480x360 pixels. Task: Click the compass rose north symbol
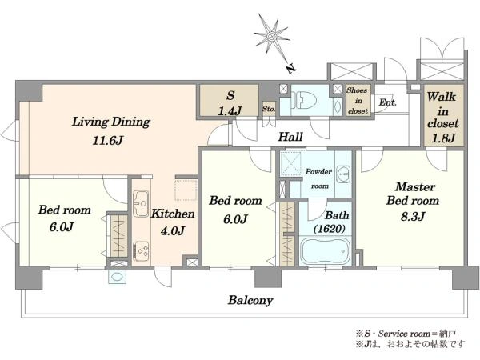[x=271, y=37]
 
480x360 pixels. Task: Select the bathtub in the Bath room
[x=325, y=250]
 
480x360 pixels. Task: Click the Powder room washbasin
[x=343, y=174]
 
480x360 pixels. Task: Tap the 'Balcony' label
[x=250, y=300]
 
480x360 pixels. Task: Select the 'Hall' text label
[x=290, y=137]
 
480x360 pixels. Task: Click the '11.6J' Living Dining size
[x=108, y=141]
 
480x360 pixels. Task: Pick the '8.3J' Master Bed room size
[x=413, y=217]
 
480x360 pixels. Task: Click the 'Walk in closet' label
[x=442, y=110]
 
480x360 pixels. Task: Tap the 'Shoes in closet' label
[x=358, y=101]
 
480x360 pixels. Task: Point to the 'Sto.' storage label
[x=269, y=109]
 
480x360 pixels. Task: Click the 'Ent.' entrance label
[x=387, y=102]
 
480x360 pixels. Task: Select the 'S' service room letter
[x=230, y=95]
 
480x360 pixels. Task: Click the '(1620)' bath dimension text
[x=330, y=228]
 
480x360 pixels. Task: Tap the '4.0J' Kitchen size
[x=173, y=230]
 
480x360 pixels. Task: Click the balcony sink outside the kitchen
[x=117, y=277]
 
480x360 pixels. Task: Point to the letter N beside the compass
[x=291, y=69]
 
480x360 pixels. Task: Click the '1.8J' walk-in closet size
[x=443, y=138]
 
